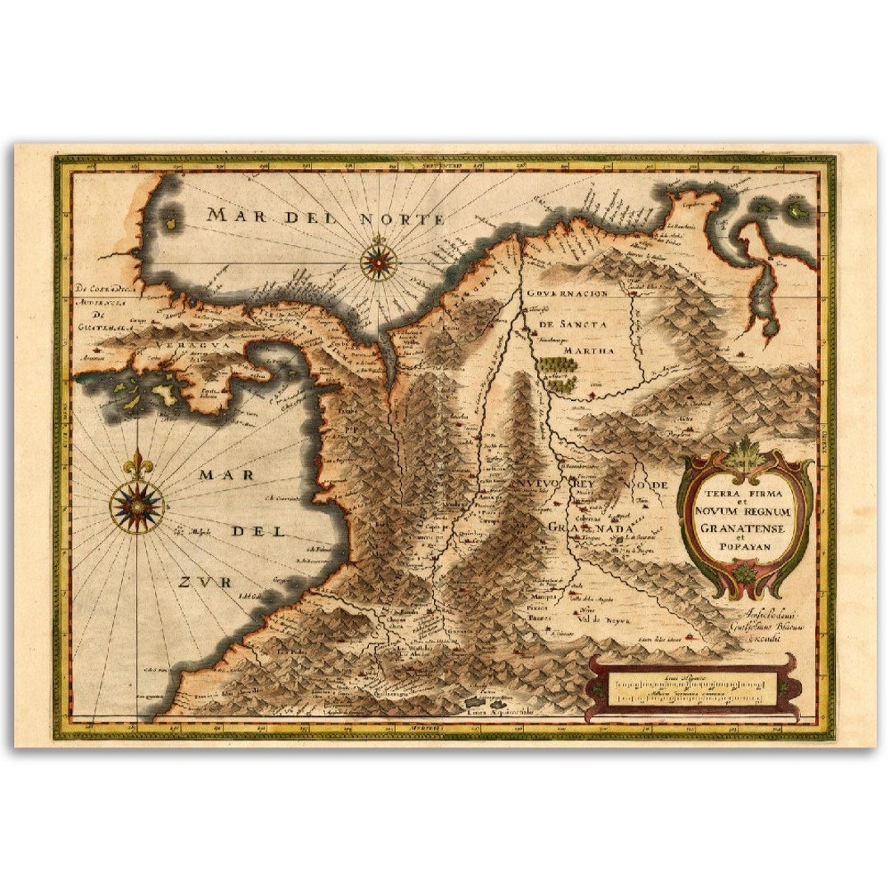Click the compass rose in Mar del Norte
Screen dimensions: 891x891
pos(379,262)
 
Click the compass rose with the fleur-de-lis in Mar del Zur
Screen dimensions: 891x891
pos(137,505)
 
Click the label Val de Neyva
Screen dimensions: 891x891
pos(604,620)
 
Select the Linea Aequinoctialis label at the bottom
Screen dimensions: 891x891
pos(501,710)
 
